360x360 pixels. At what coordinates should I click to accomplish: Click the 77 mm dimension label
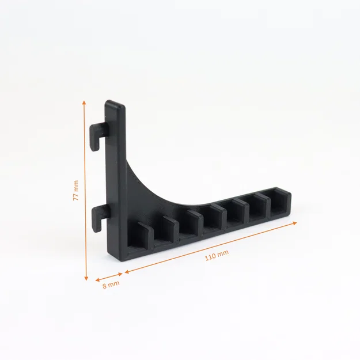point(75,190)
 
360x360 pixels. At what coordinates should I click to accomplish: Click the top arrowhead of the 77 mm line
point(84,103)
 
